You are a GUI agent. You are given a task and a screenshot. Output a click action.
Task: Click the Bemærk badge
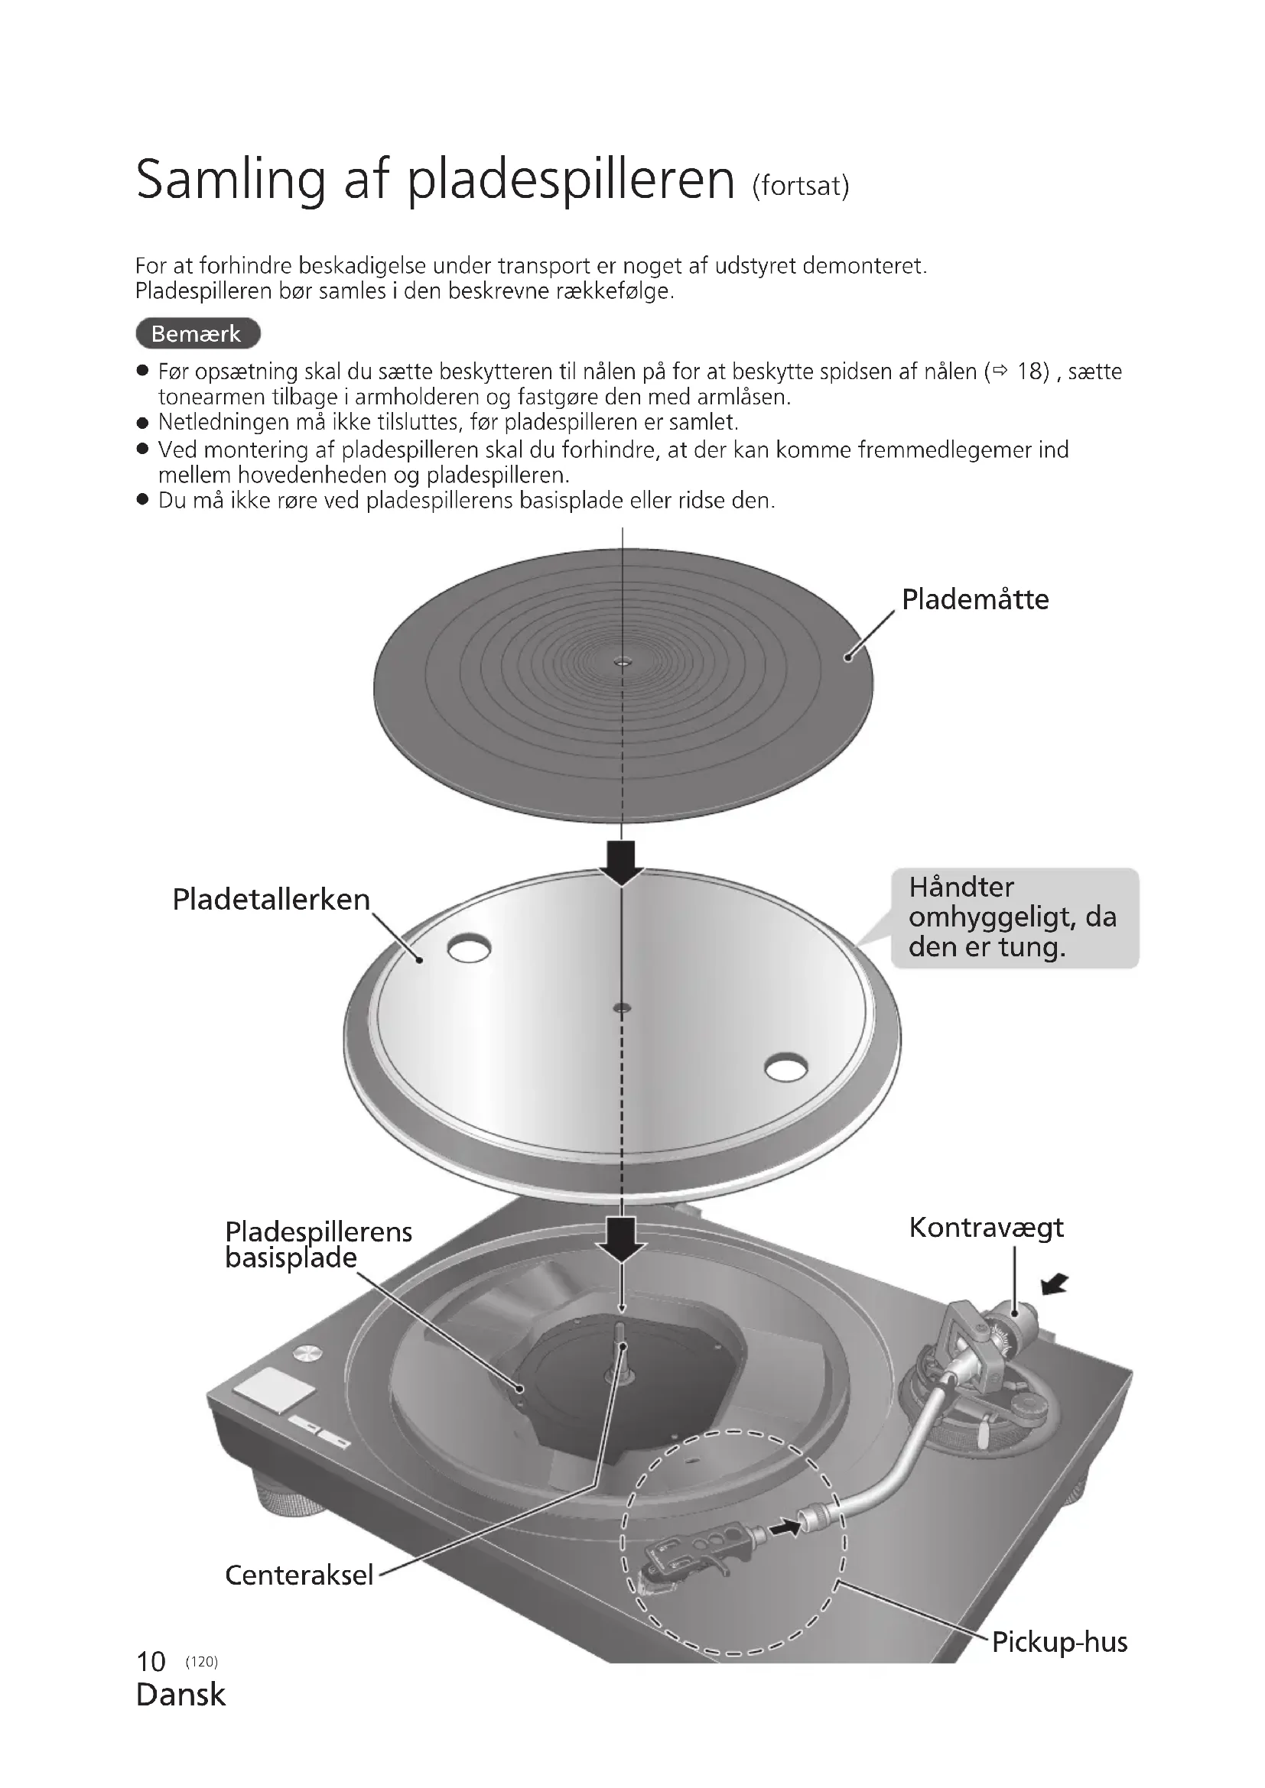point(197,333)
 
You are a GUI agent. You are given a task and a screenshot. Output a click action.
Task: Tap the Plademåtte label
point(974,599)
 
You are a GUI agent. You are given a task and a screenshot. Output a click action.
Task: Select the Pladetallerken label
point(270,900)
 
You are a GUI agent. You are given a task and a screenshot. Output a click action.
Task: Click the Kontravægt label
point(985,1228)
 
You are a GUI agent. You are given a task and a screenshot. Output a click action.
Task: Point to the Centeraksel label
point(299,1575)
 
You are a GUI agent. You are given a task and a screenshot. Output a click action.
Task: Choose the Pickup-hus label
point(1059,1641)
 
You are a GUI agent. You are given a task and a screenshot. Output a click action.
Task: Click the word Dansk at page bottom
point(180,1695)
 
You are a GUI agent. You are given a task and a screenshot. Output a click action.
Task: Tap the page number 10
point(151,1662)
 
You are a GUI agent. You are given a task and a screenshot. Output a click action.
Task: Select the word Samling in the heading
point(229,180)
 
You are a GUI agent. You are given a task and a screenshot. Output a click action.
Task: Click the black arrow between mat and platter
point(622,862)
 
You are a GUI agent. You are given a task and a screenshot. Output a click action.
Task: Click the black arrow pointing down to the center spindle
point(622,1240)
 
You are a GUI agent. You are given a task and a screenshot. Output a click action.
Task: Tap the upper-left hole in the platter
point(469,948)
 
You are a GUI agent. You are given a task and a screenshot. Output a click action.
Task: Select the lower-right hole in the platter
point(785,1068)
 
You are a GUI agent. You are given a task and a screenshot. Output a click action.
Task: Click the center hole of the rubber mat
point(622,663)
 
